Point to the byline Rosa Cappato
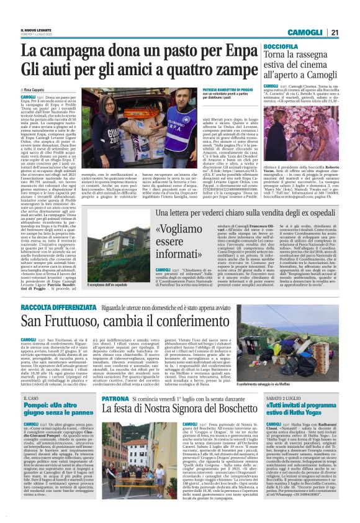tap(35, 90)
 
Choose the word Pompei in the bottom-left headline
tap(37, 407)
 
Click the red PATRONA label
tap(99, 398)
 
